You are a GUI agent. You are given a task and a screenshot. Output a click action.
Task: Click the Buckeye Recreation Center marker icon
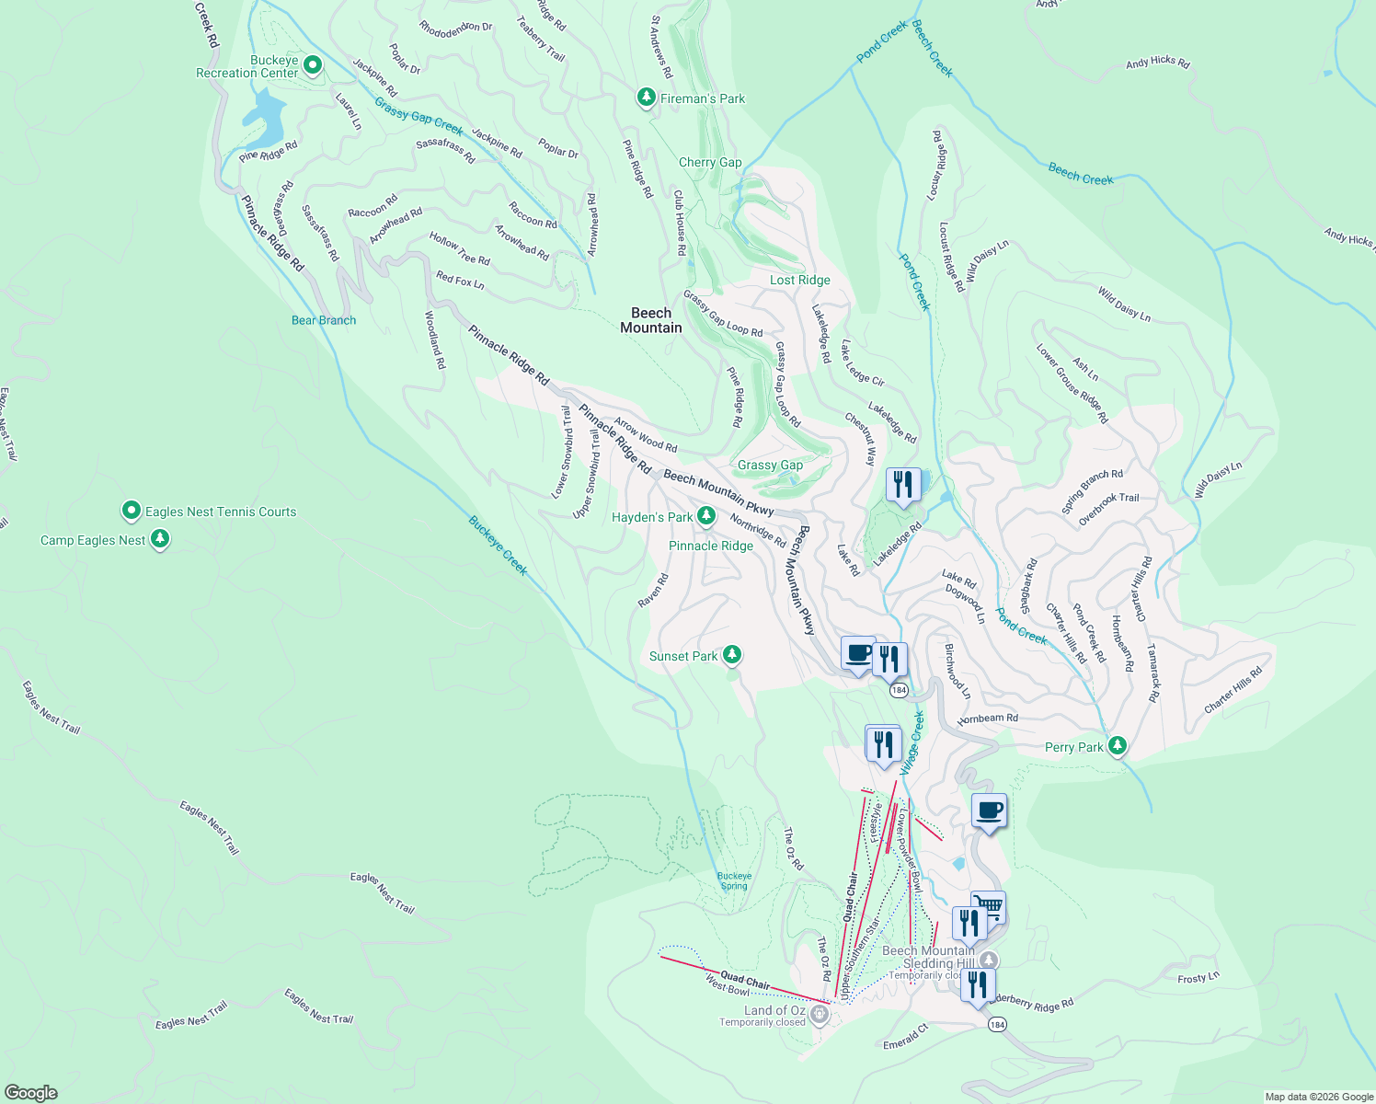313,65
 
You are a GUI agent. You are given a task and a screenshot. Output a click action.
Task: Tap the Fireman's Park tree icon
647,98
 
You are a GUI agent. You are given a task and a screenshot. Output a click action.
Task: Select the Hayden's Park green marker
706,516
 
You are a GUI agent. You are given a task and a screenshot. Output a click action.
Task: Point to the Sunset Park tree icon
732,655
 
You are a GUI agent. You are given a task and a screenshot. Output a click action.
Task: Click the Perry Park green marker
1118,746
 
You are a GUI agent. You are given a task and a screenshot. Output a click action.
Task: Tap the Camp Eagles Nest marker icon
160,539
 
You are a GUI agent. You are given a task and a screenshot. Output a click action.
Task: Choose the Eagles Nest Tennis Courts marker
132,511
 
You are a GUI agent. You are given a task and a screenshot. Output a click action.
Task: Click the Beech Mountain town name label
651,320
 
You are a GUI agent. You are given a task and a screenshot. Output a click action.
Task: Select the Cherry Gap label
710,162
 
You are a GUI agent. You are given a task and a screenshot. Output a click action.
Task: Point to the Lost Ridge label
800,280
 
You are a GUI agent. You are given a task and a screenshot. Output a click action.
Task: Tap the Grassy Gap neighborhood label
770,465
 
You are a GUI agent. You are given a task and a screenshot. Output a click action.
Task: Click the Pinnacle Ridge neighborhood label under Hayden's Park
711,546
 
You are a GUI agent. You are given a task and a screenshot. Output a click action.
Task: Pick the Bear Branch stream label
324,320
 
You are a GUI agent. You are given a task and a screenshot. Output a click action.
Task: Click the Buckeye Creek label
499,545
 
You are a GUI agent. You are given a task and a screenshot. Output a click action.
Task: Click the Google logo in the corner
30,1092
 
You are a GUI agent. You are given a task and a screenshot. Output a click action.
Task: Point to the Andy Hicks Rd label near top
1157,62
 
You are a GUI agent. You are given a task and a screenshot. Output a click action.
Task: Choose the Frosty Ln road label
1198,977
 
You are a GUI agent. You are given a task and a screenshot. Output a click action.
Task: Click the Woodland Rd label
435,340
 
